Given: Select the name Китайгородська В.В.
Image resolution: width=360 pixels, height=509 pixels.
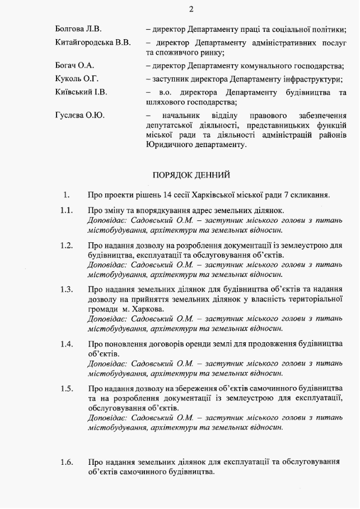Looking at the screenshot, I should tap(93, 43).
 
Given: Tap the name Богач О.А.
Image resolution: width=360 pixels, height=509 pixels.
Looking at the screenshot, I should tap(74, 65).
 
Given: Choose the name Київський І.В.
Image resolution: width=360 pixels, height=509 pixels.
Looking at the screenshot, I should tap(81, 92).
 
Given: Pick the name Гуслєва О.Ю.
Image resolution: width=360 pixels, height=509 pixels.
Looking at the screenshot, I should tap(80, 115).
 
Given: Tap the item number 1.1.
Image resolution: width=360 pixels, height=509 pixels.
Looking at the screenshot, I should tap(67, 210).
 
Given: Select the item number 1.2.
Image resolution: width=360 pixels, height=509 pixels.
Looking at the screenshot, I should tap(67, 245).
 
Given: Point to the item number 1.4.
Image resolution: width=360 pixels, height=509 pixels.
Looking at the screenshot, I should tap(67, 343).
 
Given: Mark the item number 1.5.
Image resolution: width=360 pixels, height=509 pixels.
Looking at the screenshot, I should tap(67, 388).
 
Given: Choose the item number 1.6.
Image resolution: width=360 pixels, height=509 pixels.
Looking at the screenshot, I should tap(67, 462).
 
